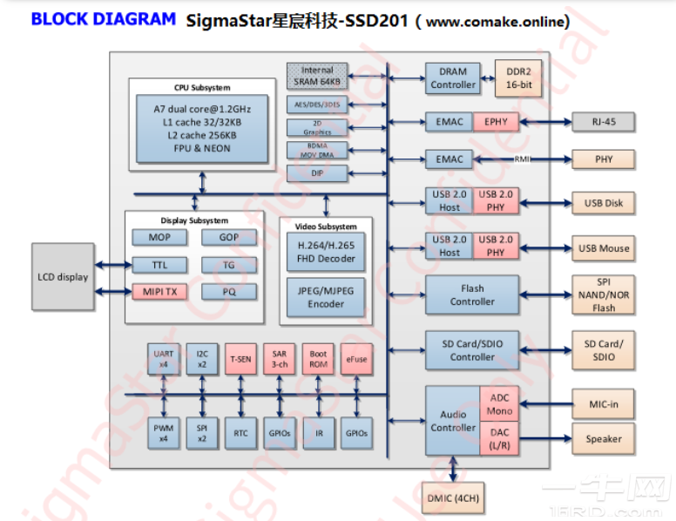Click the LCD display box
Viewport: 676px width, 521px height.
[x=63, y=277]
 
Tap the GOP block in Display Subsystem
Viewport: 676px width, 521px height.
[x=228, y=237]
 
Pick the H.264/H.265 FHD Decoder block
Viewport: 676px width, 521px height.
[x=326, y=252]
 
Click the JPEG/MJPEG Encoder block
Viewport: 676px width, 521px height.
[x=326, y=297]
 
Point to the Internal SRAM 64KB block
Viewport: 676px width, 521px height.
[x=317, y=76]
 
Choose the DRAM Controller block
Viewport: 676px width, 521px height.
[x=453, y=78]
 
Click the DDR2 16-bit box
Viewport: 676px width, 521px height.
[x=518, y=78]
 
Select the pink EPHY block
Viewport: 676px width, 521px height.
[x=495, y=122]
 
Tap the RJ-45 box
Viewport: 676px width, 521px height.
[x=604, y=122]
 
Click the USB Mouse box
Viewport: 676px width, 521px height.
[x=604, y=248]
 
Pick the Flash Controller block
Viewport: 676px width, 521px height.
[x=472, y=294]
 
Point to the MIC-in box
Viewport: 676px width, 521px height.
[x=604, y=403]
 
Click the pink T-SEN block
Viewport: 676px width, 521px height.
[x=240, y=358]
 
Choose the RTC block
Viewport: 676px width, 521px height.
[x=240, y=432]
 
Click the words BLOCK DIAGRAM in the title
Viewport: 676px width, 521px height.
[x=103, y=19]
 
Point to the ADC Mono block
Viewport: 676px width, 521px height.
[x=499, y=404]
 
